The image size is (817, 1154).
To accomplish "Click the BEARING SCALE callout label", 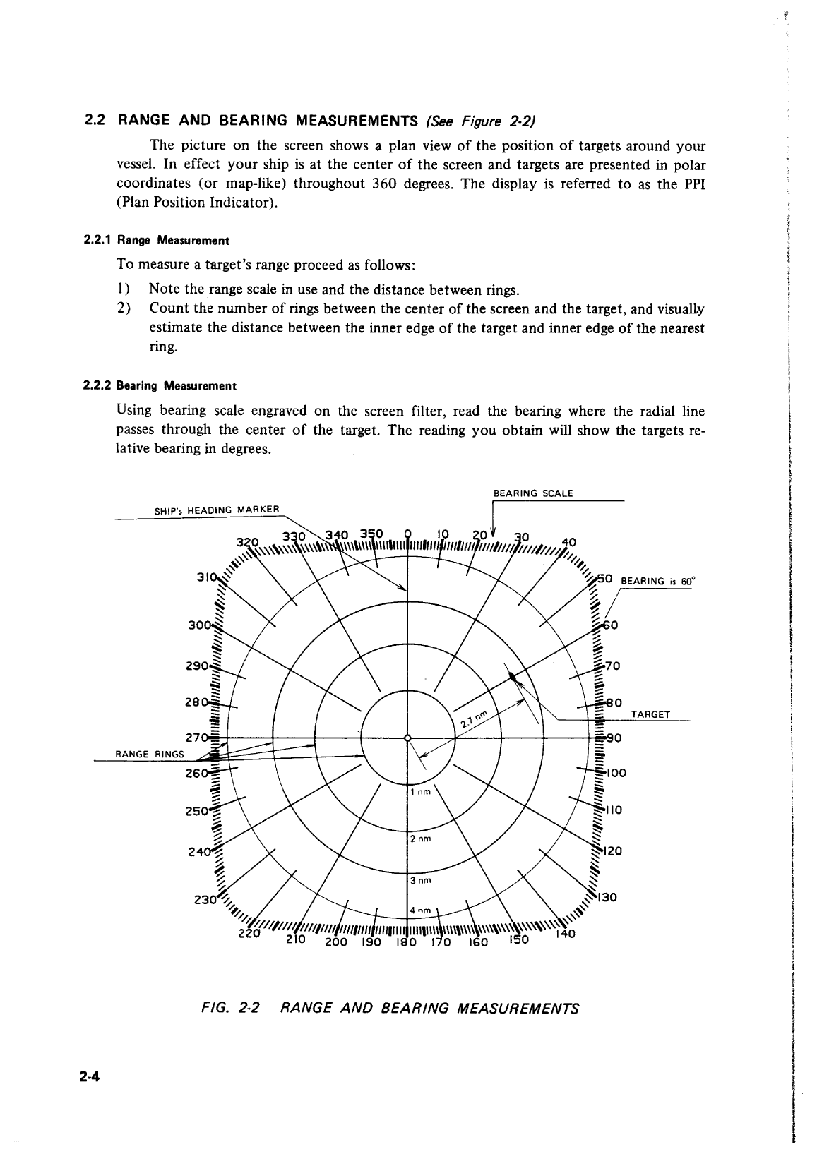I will [x=532, y=493].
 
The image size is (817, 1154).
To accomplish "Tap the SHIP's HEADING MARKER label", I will [x=217, y=510].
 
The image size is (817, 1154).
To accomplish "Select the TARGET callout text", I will [x=650, y=714].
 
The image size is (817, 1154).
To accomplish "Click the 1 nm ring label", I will [x=421, y=792].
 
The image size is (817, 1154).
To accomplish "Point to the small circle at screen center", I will [x=407, y=738].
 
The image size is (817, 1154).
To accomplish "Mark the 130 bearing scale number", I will [x=607, y=898].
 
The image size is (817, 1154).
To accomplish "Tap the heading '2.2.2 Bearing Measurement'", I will [x=160, y=386].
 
